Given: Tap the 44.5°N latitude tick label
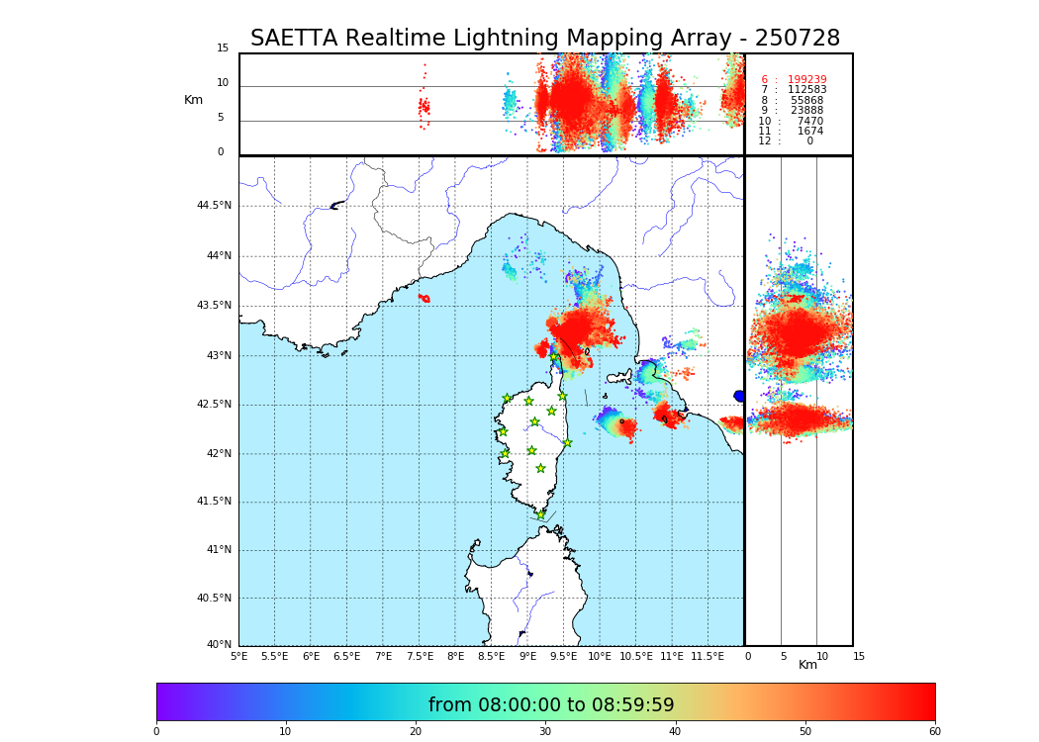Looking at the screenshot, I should point(213,206).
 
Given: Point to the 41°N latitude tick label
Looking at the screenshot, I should point(217,550).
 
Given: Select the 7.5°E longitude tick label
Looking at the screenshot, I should point(420,656).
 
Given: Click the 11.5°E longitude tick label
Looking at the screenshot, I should point(707,656).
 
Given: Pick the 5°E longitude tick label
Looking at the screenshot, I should point(238,656).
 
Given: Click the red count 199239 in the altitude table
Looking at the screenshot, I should point(806,80).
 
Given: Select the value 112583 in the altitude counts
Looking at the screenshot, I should point(806,90).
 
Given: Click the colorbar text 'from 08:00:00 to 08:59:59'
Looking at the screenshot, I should point(551,705).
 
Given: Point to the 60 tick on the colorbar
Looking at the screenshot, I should point(934,731).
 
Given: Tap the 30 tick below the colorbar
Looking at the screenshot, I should point(545,731).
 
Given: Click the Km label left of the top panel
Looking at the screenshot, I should point(193,100).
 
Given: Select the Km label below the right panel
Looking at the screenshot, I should point(807,665).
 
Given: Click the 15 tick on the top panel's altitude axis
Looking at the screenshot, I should point(223,48).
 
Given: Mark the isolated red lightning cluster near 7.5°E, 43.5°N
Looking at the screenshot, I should point(424,298).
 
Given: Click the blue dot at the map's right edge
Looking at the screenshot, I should point(739,396).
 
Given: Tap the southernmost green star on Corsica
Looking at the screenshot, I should point(540,514).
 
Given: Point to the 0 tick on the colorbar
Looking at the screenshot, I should point(156,731).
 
